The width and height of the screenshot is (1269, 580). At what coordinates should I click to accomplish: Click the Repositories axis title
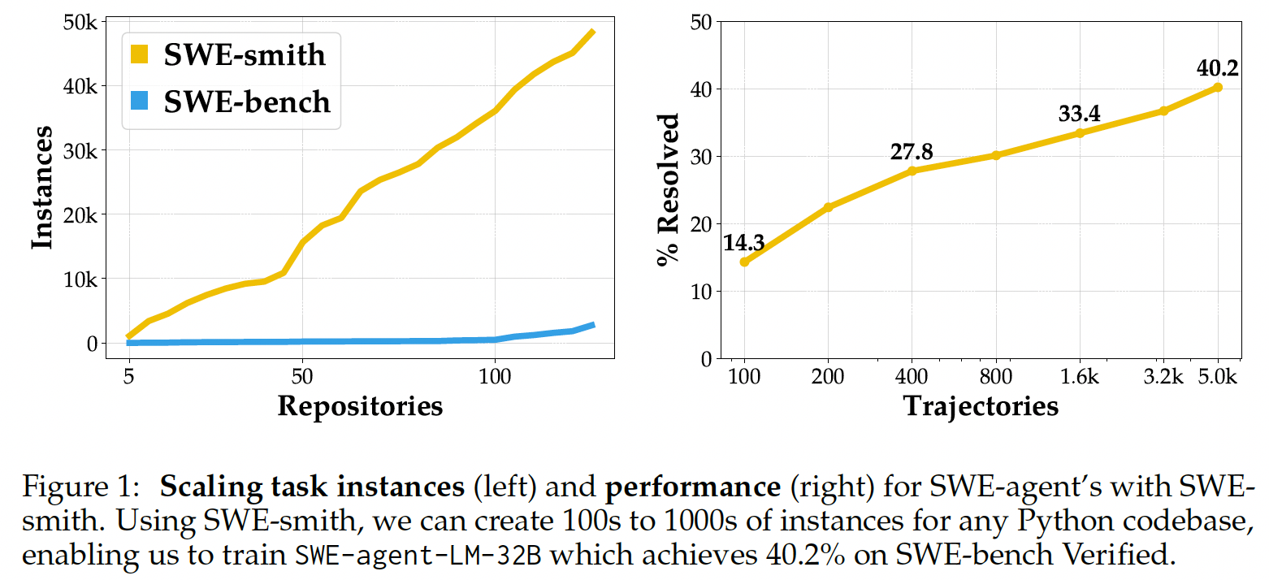point(360,405)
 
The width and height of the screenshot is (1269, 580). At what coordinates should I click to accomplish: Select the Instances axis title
point(42,188)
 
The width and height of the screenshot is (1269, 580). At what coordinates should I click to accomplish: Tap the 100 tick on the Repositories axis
point(495,377)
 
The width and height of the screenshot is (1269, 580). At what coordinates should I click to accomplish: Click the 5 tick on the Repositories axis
point(128,377)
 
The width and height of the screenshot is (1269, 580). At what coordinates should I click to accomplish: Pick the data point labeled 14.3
point(744,262)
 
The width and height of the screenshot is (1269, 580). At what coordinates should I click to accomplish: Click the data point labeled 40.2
point(1217,87)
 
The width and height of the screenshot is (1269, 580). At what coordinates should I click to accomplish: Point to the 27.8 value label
point(912,151)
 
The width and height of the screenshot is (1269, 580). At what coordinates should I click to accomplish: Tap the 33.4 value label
point(1079,114)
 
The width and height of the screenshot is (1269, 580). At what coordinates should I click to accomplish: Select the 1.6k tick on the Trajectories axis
point(1080,377)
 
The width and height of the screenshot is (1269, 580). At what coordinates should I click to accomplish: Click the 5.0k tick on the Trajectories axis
point(1217,377)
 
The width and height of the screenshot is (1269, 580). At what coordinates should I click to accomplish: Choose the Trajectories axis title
point(981,405)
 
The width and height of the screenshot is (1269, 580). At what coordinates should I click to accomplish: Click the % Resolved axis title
point(668,190)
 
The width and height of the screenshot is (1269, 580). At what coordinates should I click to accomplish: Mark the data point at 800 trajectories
point(996,154)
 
